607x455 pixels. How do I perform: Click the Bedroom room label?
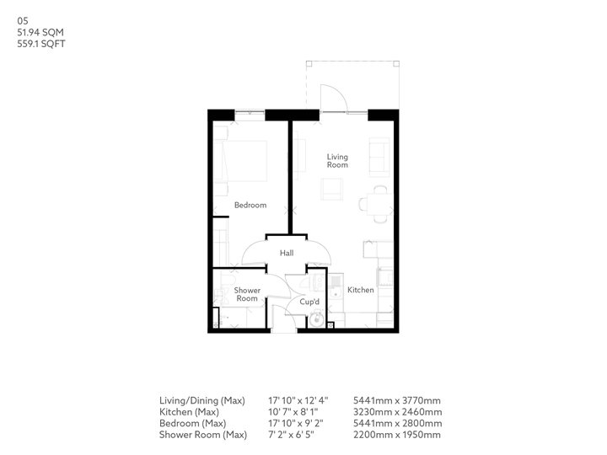pyautogui.click(x=250, y=206)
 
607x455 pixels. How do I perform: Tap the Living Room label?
pyautogui.click(x=338, y=161)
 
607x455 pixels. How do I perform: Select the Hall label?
pyautogui.click(x=287, y=253)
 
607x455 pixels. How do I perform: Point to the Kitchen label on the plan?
pyautogui.click(x=361, y=290)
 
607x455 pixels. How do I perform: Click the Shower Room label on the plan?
pyautogui.click(x=246, y=294)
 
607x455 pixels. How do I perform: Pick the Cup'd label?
pyautogui.click(x=309, y=302)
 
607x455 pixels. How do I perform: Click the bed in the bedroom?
pyautogui.click(x=244, y=160)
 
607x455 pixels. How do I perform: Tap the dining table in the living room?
pyautogui.click(x=373, y=203)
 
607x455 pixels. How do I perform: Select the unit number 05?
pyautogui.click(x=22, y=21)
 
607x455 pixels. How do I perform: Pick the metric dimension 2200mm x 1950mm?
pyautogui.click(x=401, y=435)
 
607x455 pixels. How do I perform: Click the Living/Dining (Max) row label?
pyautogui.click(x=201, y=399)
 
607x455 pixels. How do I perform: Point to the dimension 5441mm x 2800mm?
pyautogui.click(x=401, y=423)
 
